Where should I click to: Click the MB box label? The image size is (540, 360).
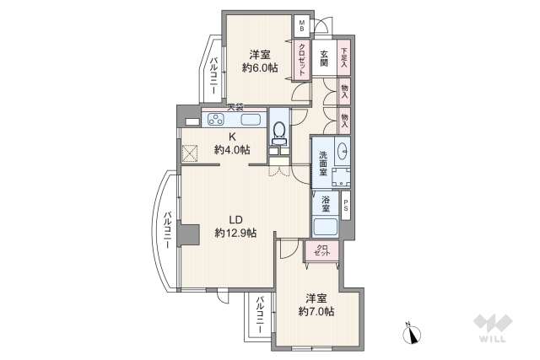301,25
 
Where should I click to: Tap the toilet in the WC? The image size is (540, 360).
279,132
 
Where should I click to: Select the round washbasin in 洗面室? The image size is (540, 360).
342,152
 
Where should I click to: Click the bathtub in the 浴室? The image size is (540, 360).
326,228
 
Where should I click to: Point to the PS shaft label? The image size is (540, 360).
345,204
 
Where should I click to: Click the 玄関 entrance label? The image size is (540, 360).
324,60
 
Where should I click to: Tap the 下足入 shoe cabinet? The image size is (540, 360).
344,56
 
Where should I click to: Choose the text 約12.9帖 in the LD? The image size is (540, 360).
235,233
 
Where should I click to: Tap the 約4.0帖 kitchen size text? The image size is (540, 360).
231,149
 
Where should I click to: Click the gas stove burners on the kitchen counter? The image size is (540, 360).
213,119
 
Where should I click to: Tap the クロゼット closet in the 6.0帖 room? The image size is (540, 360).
300,59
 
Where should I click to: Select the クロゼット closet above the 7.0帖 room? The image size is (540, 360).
322,250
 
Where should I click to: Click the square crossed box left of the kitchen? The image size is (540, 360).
190,153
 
